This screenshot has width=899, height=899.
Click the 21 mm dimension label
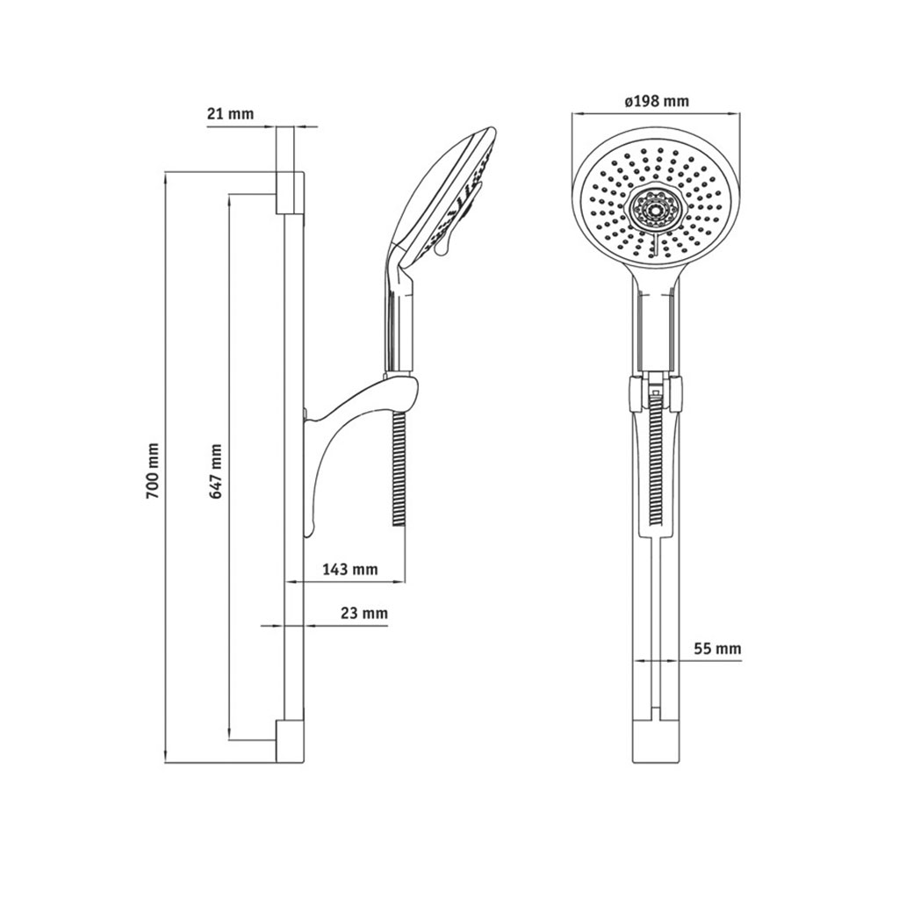tap(230, 113)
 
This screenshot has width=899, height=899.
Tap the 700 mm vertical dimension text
tap(153, 470)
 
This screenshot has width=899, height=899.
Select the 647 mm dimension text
tap(216, 471)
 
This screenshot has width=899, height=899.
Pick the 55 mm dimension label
tap(718, 649)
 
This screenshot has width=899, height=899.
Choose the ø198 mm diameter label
tap(657, 102)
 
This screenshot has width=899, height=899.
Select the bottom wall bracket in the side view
tap(292, 742)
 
